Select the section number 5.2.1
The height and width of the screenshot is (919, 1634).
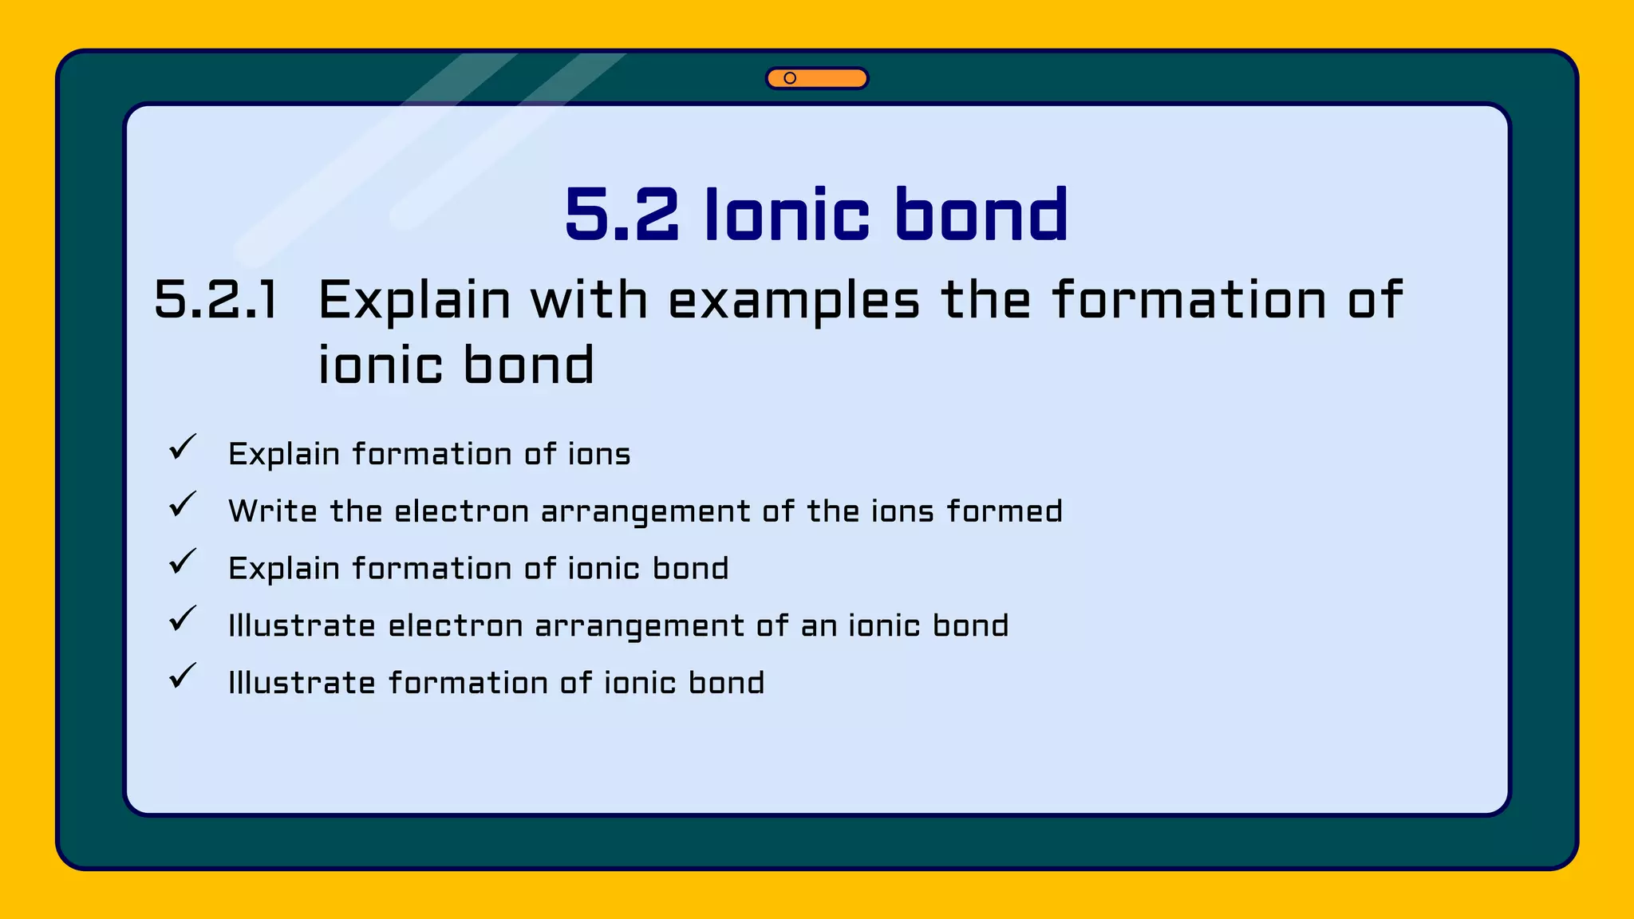216,301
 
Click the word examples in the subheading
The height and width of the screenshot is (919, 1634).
794,301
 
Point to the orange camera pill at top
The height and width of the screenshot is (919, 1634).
817,78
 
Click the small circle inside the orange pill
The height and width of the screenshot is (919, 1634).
790,78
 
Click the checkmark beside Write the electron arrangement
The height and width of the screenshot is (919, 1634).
183,504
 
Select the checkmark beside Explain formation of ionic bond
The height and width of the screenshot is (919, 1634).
183,562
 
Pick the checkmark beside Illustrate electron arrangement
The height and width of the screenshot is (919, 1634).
183,619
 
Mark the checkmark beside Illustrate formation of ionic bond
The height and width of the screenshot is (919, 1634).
183,676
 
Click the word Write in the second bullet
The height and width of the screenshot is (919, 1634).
273,511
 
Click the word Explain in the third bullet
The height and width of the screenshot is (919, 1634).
284,569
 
